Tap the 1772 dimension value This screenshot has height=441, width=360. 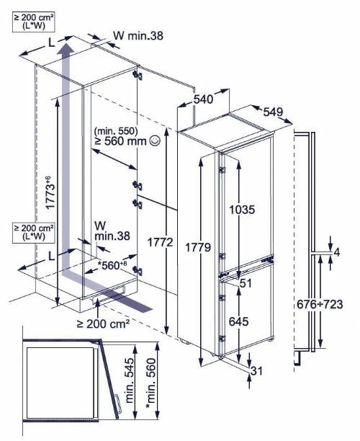pos(160,242)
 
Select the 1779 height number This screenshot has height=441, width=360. pos(198,247)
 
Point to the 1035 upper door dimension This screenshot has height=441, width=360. pos(242,210)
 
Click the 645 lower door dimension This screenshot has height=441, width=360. pos(238,321)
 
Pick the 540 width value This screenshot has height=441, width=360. pos(204,99)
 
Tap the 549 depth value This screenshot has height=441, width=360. pos(273,112)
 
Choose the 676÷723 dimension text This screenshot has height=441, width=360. pos(320,304)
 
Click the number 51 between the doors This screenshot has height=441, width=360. pos(246,283)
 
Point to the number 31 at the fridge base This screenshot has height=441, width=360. pos(256,371)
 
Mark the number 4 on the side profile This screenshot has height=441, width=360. pos(336,252)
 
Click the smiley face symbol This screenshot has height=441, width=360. pos(155,141)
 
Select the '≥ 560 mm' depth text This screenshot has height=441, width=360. pos(121,141)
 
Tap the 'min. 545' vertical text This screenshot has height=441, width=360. pos(130,380)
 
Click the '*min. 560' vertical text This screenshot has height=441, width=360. pos(150,383)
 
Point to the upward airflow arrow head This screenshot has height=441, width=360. pos(66,48)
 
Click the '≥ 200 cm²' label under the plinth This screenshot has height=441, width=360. pos(104,324)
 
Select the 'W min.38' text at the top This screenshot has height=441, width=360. pos(138,36)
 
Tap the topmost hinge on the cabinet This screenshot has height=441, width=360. pos(138,75)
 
